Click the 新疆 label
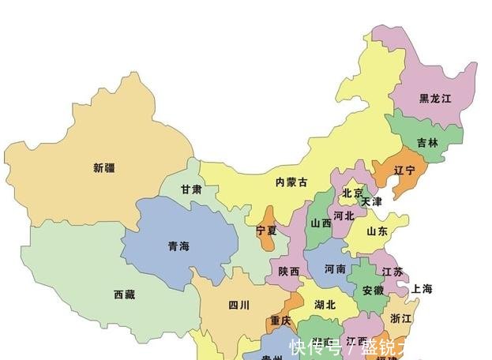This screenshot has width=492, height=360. coord(103,167)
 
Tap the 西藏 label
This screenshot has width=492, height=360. coord(124,294)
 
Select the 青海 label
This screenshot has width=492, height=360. coord(178,246)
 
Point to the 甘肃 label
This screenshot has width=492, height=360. coord(190,190)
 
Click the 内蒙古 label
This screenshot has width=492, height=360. coord(291,182)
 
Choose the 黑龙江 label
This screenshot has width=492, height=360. coord(435,99)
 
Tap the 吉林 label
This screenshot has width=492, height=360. coord(427,143)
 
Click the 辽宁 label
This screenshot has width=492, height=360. coord(404,170)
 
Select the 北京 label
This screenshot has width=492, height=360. coord(352,193)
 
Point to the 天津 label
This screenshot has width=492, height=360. coord(371,202)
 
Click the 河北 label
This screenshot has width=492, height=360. coord(344,215)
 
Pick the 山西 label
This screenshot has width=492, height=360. coord(321,223)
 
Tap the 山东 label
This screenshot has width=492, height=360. coord(377,232)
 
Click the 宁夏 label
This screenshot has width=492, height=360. coord(267,231)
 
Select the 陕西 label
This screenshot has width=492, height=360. coord(289,271)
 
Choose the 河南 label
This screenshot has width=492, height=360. coord(335,269)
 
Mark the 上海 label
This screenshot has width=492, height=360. coord(422,289)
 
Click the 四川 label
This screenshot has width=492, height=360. coord(239,305)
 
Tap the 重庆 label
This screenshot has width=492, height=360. coord(281,321)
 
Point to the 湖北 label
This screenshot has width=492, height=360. coord(325,305)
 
